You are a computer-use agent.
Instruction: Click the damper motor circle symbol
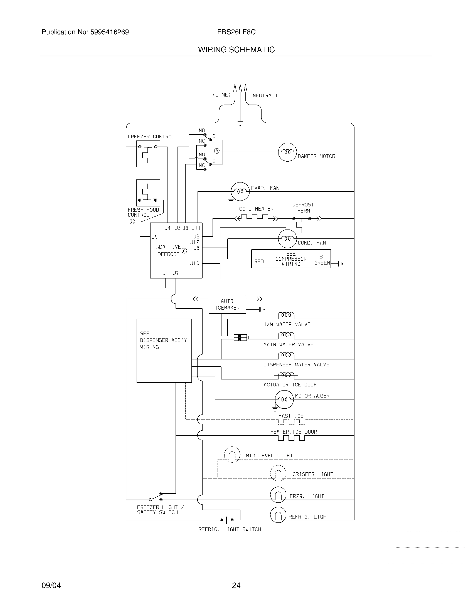click(287, 152)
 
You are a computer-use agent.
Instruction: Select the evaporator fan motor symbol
click(240, 191)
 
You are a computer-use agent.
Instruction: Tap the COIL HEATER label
click(256, 209)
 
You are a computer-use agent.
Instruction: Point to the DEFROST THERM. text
click(303, 208)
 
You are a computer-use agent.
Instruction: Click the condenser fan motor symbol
click(287, 239)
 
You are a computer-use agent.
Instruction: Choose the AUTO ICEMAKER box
click(227, 304)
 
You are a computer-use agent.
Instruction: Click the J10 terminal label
click(195, 263)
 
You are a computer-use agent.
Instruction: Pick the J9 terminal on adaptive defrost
click(155, 237)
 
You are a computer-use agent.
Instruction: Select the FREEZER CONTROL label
click(151, 137)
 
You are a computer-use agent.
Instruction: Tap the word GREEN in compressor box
click(322, 263)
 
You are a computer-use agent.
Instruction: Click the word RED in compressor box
click(259, 261)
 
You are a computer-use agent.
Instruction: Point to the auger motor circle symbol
click(284, 399)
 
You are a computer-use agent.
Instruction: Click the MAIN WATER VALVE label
click(288, 345)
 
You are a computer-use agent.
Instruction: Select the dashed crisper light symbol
click(278, 473)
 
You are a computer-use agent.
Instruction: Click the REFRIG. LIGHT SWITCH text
click(230, 529)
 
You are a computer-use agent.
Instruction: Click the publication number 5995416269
click(109, 32)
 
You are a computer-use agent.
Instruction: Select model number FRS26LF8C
click(236, 32)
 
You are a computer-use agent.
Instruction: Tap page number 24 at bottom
click(236, 585)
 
